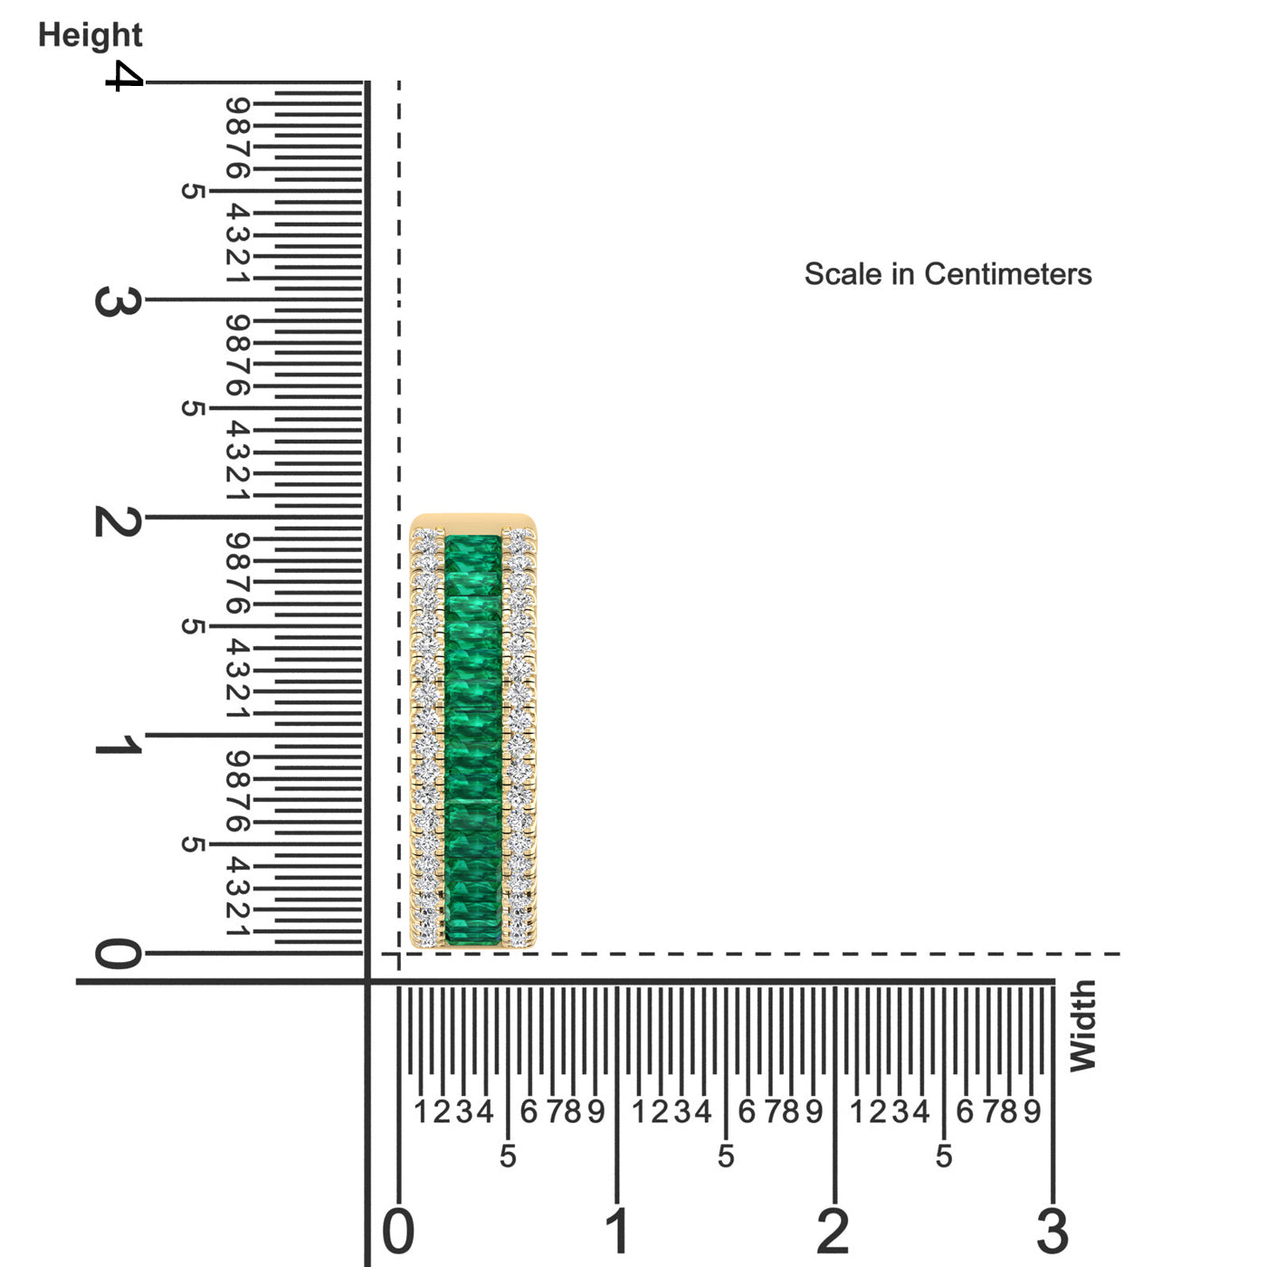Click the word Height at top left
point(90,35)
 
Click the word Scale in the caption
point(843,273)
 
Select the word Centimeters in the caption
point(1008,273)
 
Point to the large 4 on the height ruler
point(124,76)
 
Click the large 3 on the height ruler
point(118,301)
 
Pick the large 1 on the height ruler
point(118,746)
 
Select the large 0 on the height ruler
point(118,953)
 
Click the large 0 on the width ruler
point(398,1231)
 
